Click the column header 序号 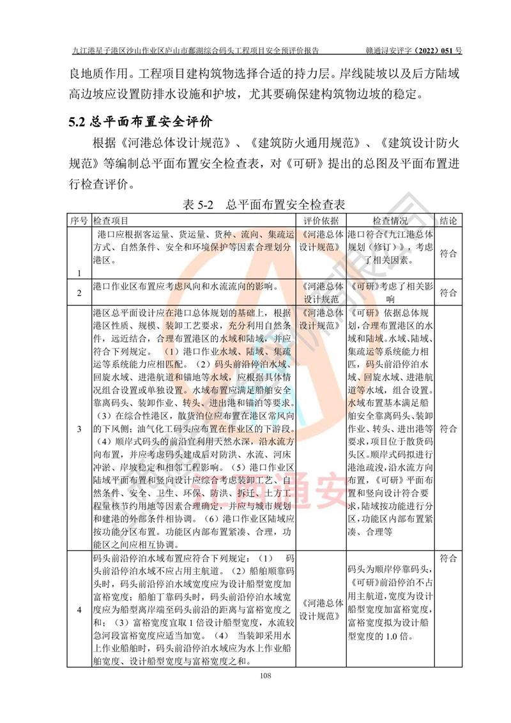(79, 220)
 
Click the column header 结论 (448, 220)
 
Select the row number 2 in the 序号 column (79, 293)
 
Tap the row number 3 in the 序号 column (79, 428)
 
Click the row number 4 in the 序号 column (79, 609)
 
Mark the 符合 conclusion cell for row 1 (448, 253)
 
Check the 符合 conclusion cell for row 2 (448, 293)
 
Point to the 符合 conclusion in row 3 (448, 428)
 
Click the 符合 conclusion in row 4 (448, 558)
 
